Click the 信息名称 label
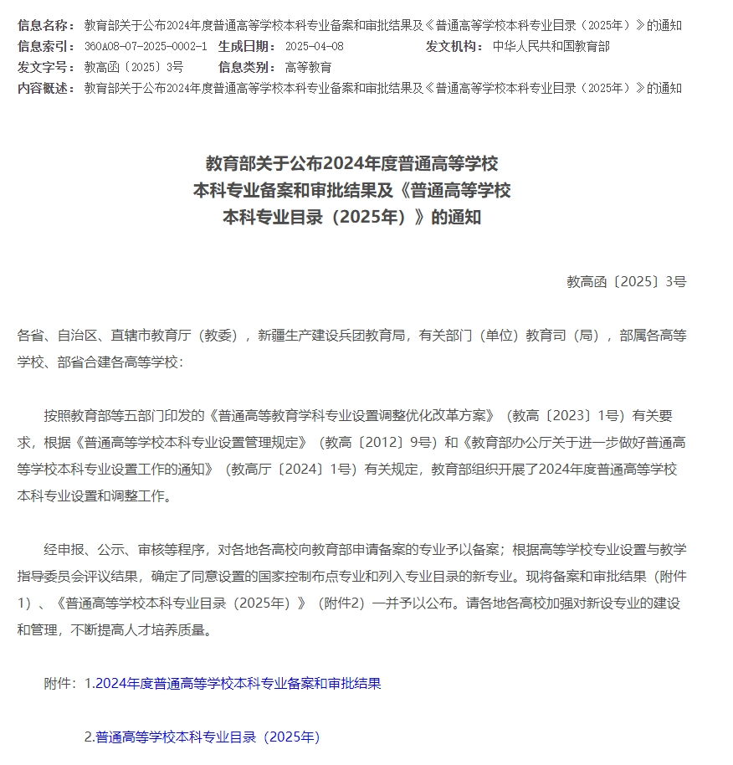pyautogui.click(x=46, y=25)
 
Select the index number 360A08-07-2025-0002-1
pyautogui.click(x=146, y=46)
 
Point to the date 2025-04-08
pyautogui.click(x=314, y=46)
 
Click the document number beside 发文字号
pyautogui.click(x=134, y=67)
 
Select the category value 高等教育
pyautogui.click(x=308, y=67)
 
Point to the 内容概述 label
pyautogui.click(x=46, y=88)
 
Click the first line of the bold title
pyautogui.click(x=351, y=162)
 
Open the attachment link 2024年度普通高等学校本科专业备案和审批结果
pyautogui.click(x=238, y=683)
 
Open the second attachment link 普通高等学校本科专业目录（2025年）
pyautogui.click(x=208, y=737)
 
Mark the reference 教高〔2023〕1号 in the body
pyautogui.click(x=556, y=414)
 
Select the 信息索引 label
pyautogui.click(x=46, y=46)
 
